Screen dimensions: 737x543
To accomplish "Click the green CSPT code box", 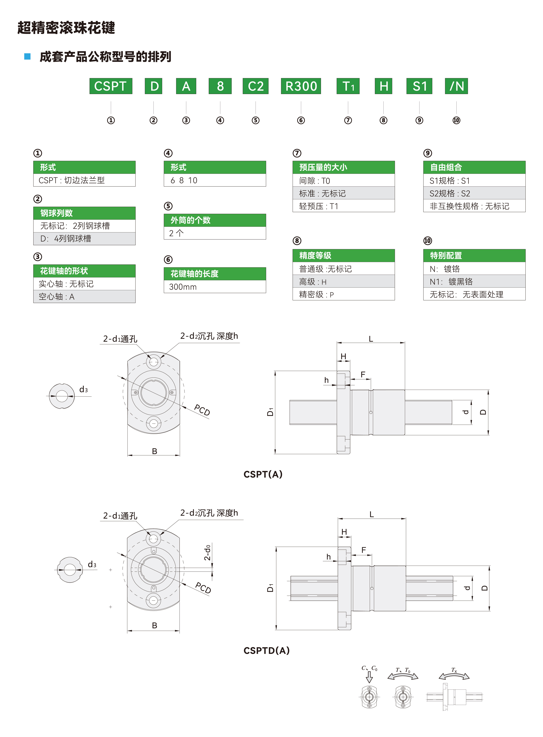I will (111, 86).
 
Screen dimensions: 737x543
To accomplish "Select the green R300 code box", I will (301, 86).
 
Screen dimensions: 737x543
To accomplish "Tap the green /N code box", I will (456, 86).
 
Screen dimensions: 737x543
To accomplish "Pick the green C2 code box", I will (255, 86).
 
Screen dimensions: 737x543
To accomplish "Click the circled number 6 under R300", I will (301, 120).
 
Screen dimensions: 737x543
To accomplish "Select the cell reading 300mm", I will (215, 287).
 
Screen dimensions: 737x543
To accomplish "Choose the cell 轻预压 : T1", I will (343, 206).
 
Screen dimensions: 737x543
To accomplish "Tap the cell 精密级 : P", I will (343, 294).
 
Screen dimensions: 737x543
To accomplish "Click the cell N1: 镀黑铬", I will (474, 282).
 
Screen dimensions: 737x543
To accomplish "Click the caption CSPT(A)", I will (263, 474).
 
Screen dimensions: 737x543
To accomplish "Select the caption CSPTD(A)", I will (266, 650).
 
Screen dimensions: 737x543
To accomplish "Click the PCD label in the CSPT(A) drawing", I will (202, 410).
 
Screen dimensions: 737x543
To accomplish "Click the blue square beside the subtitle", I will (28, 56).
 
